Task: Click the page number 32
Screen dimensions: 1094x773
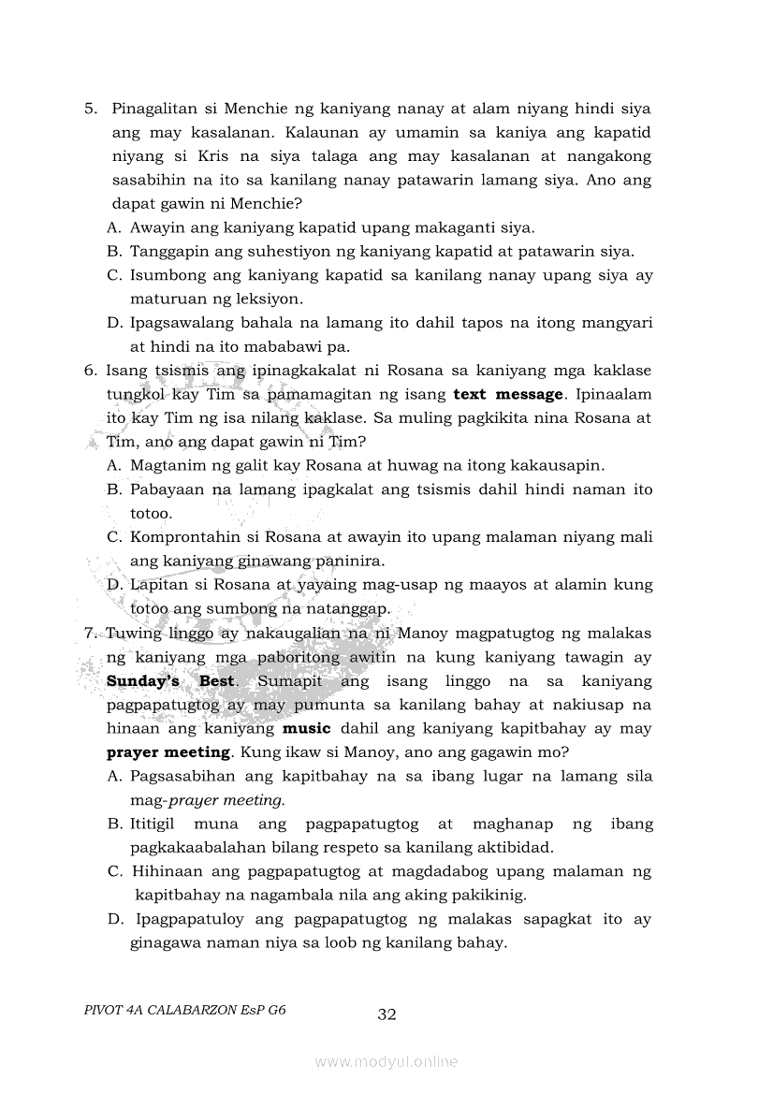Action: click(387, 1014)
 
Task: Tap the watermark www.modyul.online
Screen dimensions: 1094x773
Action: click(386, 1061)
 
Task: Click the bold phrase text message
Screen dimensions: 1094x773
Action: click(507, 394)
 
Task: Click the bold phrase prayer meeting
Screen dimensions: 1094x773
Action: click(168, 751)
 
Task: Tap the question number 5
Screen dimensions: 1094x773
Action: click(91, 109)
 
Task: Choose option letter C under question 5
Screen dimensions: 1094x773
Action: click(114, 275)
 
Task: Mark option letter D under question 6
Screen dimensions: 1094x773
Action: click(114, 584)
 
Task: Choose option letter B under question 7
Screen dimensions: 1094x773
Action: click(113, 824)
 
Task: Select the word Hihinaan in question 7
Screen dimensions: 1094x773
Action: click(165, 871)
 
